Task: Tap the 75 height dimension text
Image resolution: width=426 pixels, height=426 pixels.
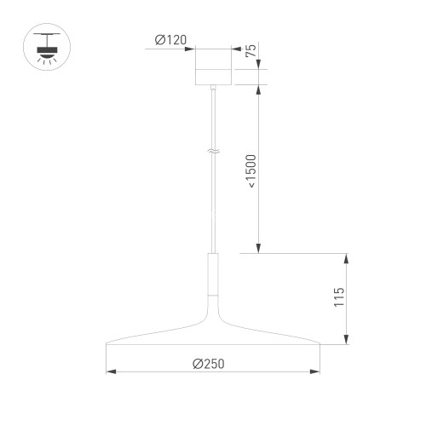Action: click(250, 51)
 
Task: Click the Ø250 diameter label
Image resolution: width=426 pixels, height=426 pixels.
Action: click(210, 364)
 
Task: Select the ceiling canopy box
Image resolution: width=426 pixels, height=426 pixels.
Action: click(213, 67)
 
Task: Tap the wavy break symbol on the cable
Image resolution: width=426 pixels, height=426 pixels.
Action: click(213, 153)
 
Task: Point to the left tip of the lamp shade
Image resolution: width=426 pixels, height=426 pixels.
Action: click(106, 345)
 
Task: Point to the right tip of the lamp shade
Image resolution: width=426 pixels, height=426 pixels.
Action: click(320, 345)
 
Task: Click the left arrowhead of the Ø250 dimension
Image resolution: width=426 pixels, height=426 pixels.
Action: click(108, 372)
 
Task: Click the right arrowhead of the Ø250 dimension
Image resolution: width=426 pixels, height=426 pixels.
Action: click(318, 372)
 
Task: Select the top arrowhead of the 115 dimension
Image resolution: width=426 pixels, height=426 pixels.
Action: click(347, 256)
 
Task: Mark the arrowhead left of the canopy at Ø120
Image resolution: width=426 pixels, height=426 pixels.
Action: click(192, 49)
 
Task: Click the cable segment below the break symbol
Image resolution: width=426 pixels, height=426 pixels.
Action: click(213, 204)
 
